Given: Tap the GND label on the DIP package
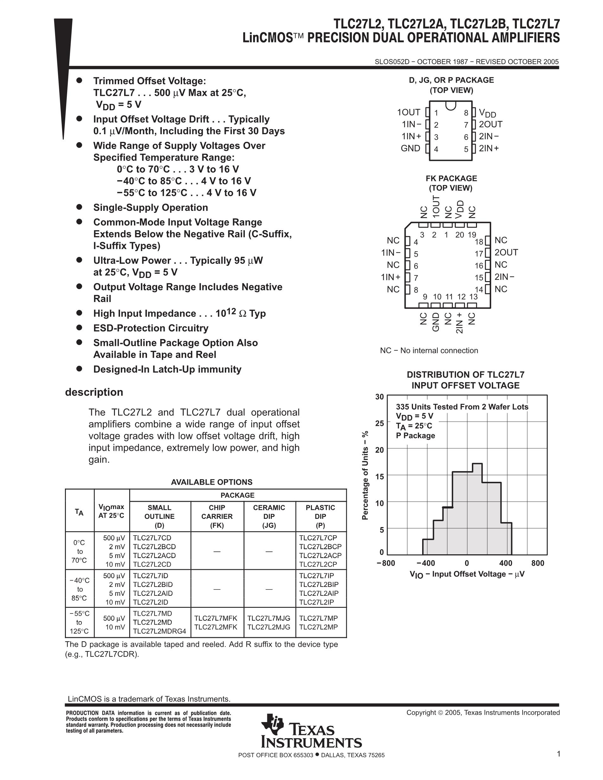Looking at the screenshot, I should coord(410,148).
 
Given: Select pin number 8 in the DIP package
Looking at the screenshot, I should coord(466,113).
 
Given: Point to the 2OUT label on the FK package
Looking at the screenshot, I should coord(506,253).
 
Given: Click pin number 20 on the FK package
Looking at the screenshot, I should coord(460,235).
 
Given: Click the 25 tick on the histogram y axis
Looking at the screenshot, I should coord(379,423).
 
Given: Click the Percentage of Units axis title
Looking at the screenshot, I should coord(365,475).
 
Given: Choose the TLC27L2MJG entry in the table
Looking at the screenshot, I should coord(269,627).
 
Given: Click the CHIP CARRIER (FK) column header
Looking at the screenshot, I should coord(217,516).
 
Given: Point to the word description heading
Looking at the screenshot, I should coord(94,392).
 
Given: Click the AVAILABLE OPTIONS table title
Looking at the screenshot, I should coord(212,482).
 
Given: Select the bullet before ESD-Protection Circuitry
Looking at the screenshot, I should coord(79,328).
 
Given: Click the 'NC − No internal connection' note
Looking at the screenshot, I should coord(429,351).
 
